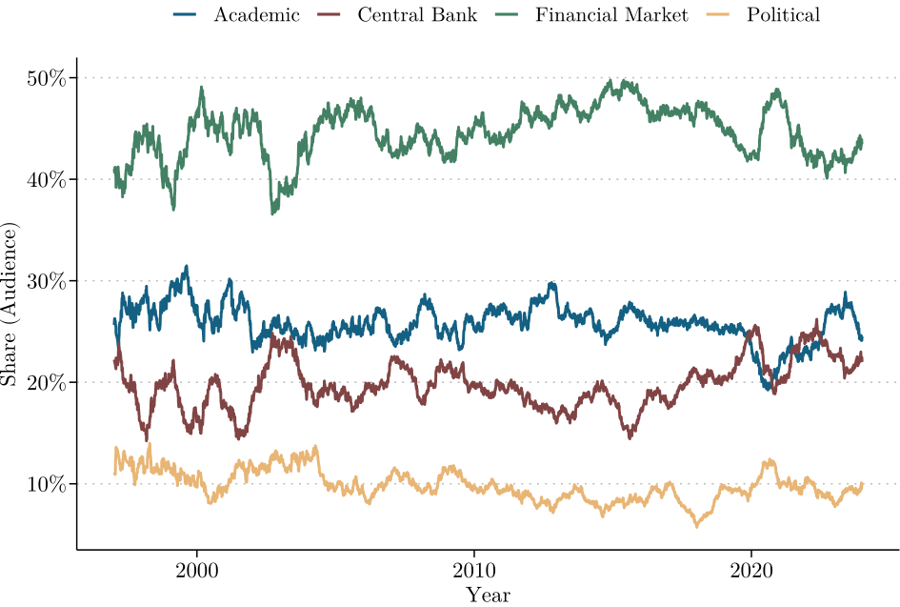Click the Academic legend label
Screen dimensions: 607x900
[256, 15]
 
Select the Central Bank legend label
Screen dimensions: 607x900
[417, 15]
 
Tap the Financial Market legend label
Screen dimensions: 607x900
[611, 15]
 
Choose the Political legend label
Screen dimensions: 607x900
[784, 15]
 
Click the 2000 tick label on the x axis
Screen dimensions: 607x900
[197, 569]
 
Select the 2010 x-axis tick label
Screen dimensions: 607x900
[473, 569]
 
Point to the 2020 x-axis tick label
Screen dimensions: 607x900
[750, 569]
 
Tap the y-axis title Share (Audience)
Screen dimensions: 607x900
[11, 304]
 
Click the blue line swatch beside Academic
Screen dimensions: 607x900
[185, 15]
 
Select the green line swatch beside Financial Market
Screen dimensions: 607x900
[507, 15]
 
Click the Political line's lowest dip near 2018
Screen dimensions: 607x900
[696, 526]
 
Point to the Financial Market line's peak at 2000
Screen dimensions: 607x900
[202, 88]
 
